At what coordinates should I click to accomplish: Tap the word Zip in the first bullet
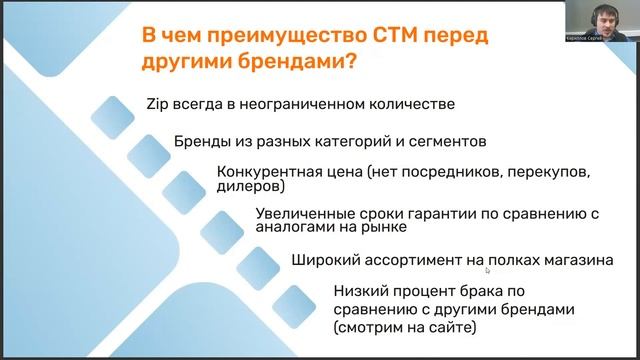pyautogui.click(x=158, y=103)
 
